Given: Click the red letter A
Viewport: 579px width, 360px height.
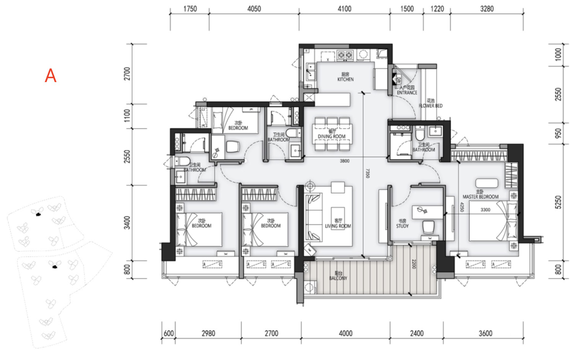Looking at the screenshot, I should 50,76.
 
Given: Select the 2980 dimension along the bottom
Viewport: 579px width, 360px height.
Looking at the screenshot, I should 208,334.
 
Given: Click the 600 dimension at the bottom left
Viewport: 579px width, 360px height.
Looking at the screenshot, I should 168,334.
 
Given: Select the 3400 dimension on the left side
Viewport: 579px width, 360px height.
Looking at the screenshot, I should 128,223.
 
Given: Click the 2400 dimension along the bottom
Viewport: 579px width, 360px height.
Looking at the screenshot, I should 417,334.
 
